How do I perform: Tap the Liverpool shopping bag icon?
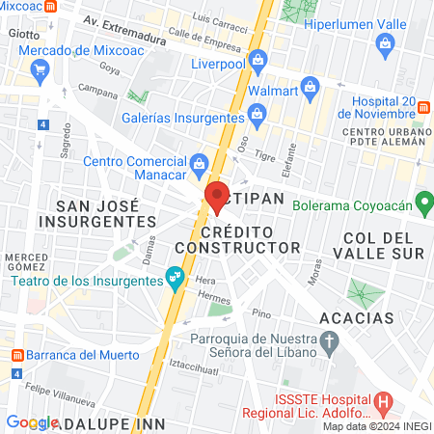[257, 61]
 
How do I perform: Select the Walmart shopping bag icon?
[309, 89]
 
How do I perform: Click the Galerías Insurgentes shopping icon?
[258, 116]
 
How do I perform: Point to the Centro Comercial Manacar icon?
[199, 162]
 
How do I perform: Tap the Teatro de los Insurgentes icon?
[175, 279]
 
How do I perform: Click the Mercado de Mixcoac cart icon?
[40, 68]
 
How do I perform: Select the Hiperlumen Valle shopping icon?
[386, 42]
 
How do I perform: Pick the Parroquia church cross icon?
[330, 340]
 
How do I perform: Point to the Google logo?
[33, 421]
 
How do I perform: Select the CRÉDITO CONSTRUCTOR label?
[252, 240]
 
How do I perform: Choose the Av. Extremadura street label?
[117, 20]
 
